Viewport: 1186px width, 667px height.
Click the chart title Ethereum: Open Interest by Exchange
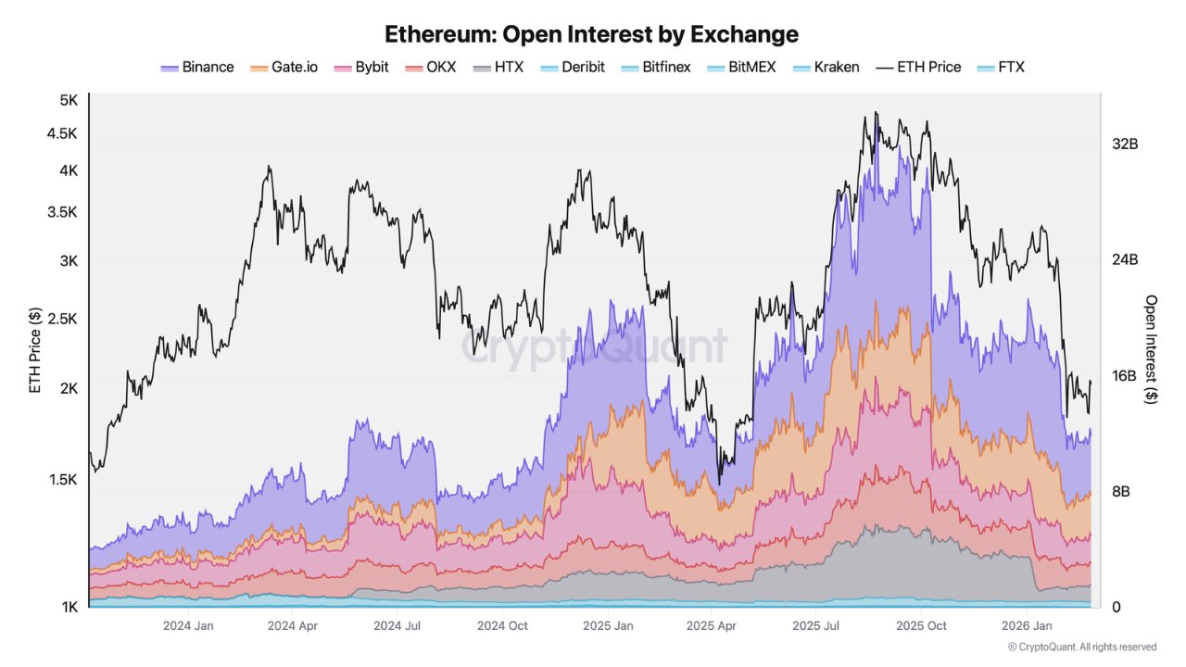pyautogui.click(x=591, y=34)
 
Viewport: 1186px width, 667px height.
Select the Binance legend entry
pyautogui.click(x=197, y=68)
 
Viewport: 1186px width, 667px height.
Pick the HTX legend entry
pyautogui.click(x=498, y=68)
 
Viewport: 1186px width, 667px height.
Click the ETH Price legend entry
pyautogui.click(x=918, y=68)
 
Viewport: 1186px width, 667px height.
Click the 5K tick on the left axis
pyautogui.click(x=69, y=100)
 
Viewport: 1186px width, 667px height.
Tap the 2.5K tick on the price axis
pyautogui.click(x=63, y=319)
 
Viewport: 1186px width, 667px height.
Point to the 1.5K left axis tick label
pyautogui.click(x=63, y=480)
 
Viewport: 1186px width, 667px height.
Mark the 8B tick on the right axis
pyautogui.click(x=1120, y=492)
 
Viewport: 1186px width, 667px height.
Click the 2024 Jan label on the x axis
pyautogui.click(x=189, y=626)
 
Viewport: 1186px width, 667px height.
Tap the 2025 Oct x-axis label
pyautogui.click(x=921, y=626)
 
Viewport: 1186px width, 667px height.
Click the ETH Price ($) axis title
pyautogui.click(x=35, y=351)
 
